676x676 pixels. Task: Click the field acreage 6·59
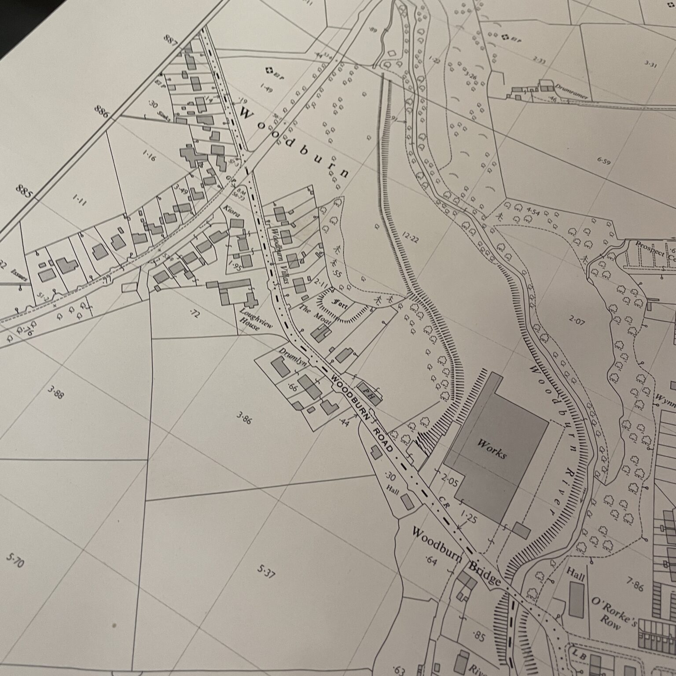click(604, 161)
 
